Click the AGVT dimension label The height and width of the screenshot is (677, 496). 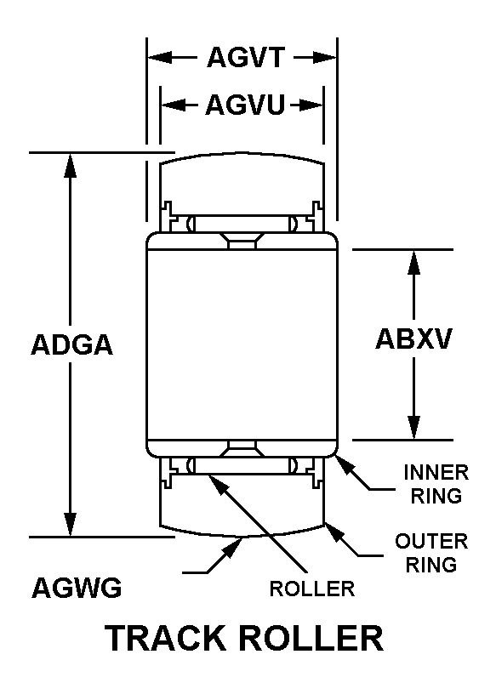[246, 57]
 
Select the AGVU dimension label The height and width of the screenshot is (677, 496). [245, 105]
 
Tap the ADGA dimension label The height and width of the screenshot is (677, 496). [71, 344]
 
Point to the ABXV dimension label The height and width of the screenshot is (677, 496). [413, 338]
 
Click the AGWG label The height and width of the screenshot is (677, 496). [77, 587]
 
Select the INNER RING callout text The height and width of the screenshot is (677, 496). [436, 484]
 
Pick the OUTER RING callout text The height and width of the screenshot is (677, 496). [431, 553]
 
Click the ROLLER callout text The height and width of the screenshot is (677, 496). [312, 589]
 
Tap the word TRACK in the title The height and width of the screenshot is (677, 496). [167, 638]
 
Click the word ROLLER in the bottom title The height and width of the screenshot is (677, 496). [311, 638]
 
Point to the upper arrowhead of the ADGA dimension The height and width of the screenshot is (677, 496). [70, 165]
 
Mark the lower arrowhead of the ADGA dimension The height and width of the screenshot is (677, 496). [70, 524]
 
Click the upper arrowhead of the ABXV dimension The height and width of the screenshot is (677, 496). [414, 262]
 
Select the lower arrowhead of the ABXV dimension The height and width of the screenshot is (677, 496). [414, 428]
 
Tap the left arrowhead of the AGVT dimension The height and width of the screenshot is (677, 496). [160, 57]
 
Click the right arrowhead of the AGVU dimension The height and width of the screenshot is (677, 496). [311, 105]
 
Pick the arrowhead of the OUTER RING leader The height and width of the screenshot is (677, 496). [334, 532]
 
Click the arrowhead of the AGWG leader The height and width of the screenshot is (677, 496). [233, 547]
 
